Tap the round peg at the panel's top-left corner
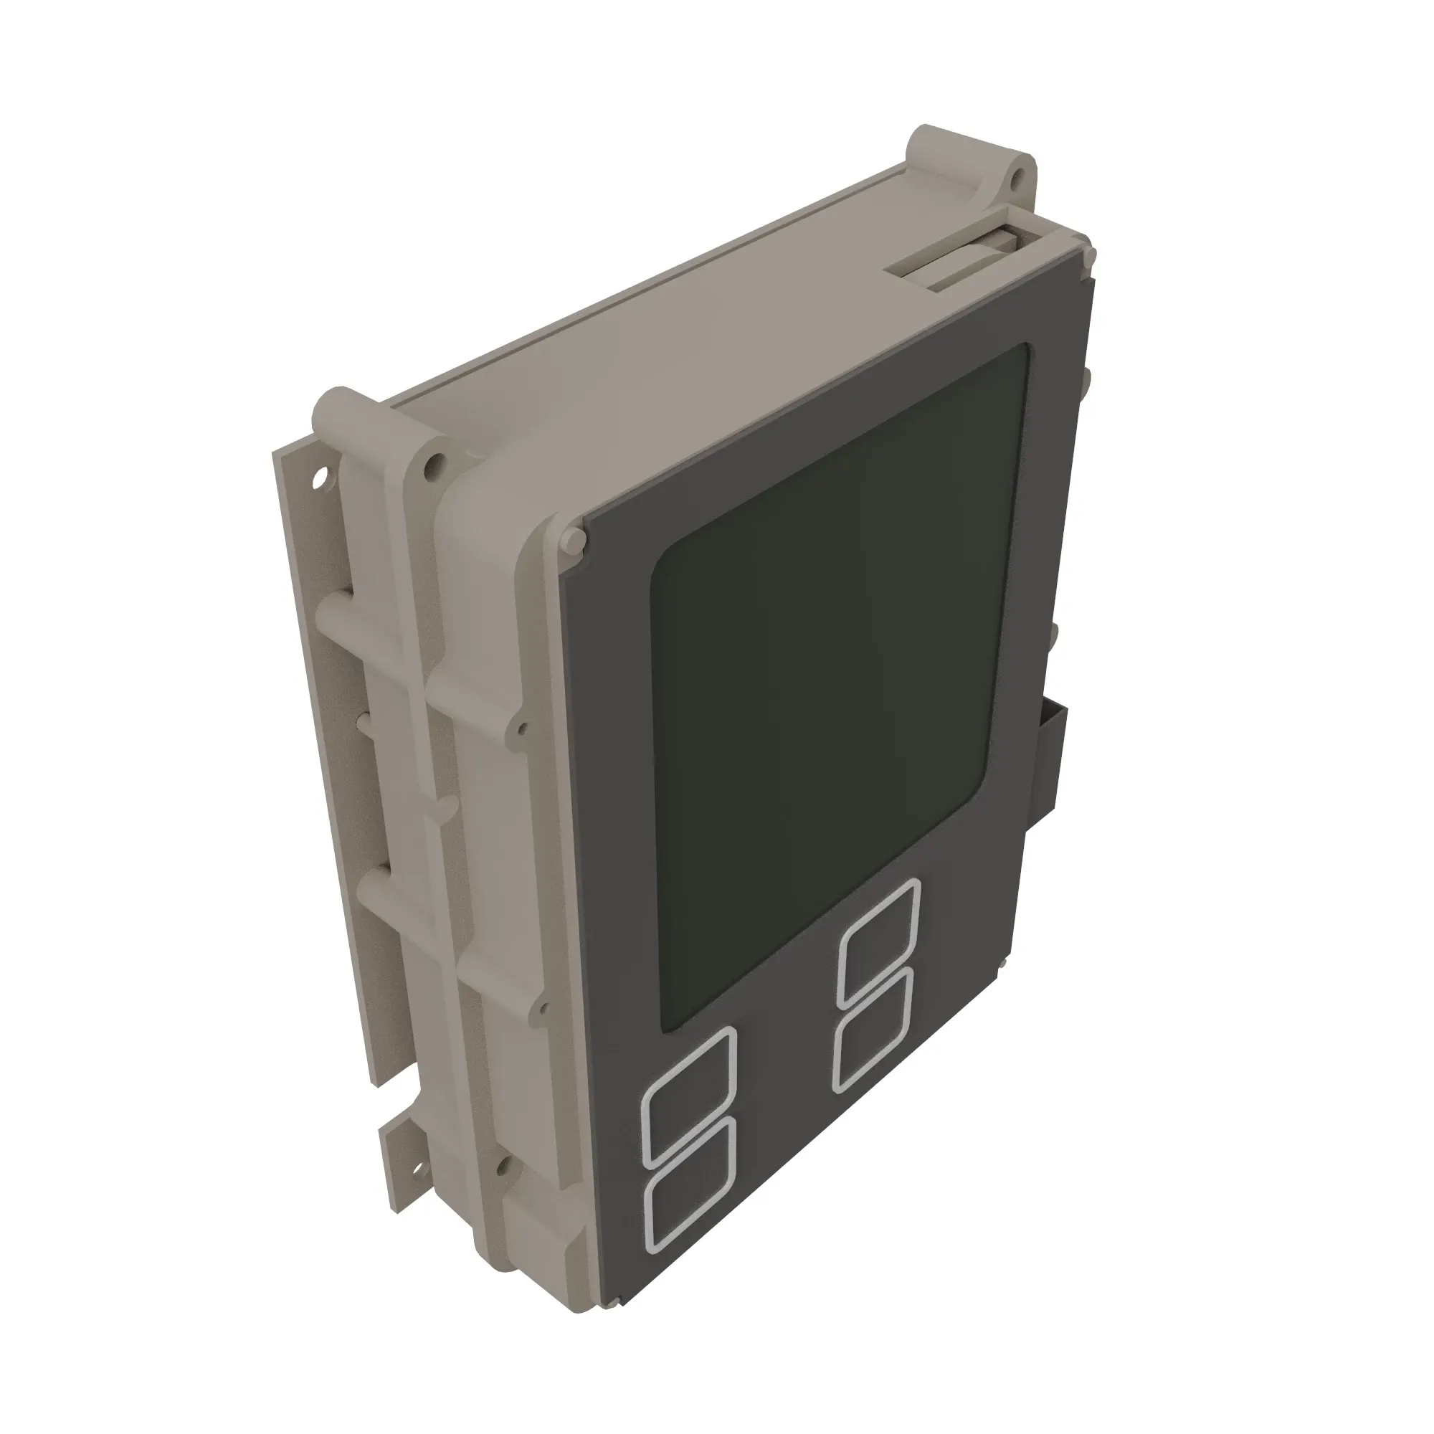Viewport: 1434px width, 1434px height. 574,539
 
